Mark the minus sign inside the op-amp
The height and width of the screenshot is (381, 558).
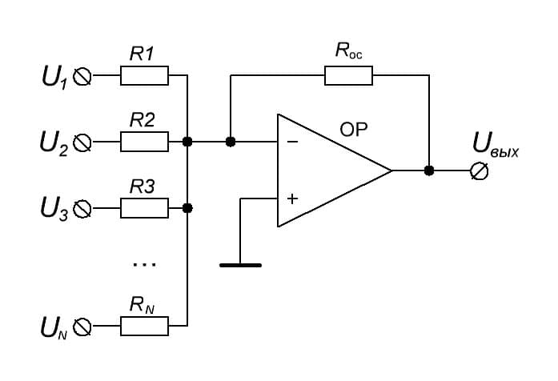pos(292,142)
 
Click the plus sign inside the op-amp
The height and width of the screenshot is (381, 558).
pos(292,199)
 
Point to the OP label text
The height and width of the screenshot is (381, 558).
pos(353,130)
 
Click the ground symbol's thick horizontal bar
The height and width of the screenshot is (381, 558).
pos(240,265)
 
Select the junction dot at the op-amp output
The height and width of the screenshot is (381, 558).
pos(429,170)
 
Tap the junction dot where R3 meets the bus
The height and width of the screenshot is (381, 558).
pos(187,208)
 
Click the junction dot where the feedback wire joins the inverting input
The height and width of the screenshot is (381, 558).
pos(231,142)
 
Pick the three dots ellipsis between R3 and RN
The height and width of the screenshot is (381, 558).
pos(144,264)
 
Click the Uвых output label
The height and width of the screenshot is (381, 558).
pos(496,145)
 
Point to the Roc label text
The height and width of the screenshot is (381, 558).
pos(349,51)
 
